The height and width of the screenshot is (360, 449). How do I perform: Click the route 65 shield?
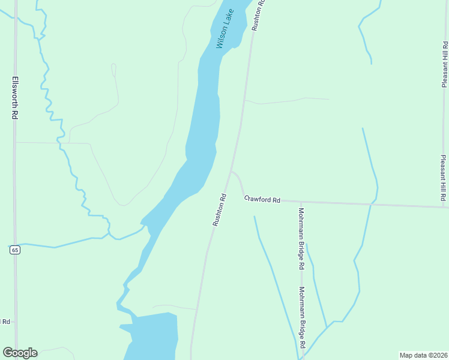[x=15, y=249]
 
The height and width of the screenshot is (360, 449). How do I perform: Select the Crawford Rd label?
[x=262, y=199]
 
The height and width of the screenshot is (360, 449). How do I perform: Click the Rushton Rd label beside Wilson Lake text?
[x=258, y=15]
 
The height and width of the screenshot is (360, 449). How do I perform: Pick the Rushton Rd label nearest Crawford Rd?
[x=219, y=209]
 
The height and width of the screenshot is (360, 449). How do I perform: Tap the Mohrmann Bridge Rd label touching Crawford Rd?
[x=302, y=238]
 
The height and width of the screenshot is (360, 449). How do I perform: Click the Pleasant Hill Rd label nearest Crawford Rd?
[x=444, y=178]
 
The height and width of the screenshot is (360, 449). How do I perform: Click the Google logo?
[x=20, y=353]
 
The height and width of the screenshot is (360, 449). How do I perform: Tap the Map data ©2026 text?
[x=423, y=355]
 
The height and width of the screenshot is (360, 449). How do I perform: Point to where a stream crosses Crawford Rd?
[x=372, y=205]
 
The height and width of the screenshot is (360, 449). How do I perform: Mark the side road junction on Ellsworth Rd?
[x=16, y=142]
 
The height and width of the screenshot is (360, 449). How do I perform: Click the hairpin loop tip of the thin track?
[x=113, y=65]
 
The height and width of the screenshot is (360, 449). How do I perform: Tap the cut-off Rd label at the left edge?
[x=5, y=322]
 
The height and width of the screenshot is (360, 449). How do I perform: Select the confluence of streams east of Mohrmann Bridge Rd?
[x=327, y=327]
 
